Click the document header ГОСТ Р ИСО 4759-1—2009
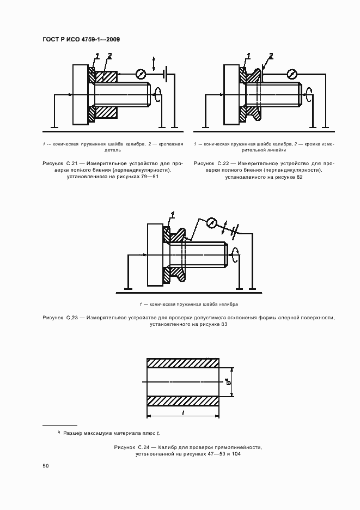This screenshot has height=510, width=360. coord(81,39)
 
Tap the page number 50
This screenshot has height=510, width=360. coord(46,466)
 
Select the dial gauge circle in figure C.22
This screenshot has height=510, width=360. coord(292,73)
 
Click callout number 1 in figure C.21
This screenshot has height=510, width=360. coord(97,56)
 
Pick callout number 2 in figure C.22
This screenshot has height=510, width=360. coord(271,56)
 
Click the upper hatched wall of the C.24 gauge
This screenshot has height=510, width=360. coord(183,363)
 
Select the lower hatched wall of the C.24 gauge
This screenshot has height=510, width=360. coord(183,400)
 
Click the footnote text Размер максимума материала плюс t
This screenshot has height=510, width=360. coord(111,433)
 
